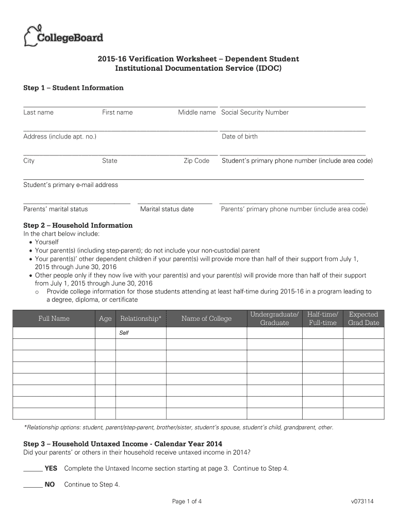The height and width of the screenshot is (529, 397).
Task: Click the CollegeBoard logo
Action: click(x=63, y=36)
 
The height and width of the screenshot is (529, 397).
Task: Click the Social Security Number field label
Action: click(x=255, y=113)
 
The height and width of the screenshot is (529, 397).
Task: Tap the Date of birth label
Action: click(x=239, y=136)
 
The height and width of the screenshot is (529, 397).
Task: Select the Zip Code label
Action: click(x=196, y=161)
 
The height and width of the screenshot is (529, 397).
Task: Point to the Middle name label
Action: click(x=197, y=113)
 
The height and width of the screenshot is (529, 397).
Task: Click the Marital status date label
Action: click(x=167, y=209)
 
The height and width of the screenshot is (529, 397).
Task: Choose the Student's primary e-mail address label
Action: click(x=71, y=185)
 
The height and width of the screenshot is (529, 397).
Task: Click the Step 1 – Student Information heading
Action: click(x=74, y=88)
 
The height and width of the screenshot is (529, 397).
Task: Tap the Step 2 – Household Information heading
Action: click(x=78, y=225)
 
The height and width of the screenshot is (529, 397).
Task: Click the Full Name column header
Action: click(x=54, y=319)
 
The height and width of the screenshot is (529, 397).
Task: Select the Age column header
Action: click(x=105, y=319)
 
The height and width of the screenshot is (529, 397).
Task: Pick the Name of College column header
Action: click(x=206, y=319)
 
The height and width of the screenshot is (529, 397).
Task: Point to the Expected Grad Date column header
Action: click(x=363, y=319)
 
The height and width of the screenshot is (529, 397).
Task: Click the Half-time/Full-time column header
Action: click(x=322, y=319)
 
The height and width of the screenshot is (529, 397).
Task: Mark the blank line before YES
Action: click(x=33, y=470)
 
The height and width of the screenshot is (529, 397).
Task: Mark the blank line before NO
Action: click(x=33, y=486)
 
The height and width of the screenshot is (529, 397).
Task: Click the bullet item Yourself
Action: click(x=46, y=242)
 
